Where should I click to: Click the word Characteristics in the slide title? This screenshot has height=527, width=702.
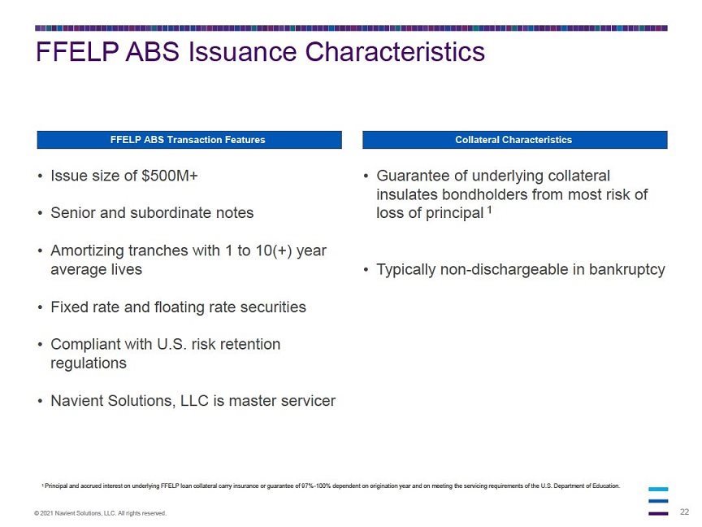[394, 51]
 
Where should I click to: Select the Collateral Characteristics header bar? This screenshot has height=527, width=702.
[515, 140]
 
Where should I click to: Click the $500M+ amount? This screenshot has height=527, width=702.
[169, 176]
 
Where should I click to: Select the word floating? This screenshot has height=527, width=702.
[195, 307]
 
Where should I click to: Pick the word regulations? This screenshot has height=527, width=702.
[89, 364]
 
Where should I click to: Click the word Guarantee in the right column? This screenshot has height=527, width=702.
[413, 176]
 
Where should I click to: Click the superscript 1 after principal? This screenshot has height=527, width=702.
[490, 210]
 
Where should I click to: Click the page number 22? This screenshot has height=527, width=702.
[685, 512]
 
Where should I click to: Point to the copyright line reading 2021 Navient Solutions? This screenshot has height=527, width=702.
[100, 513]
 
